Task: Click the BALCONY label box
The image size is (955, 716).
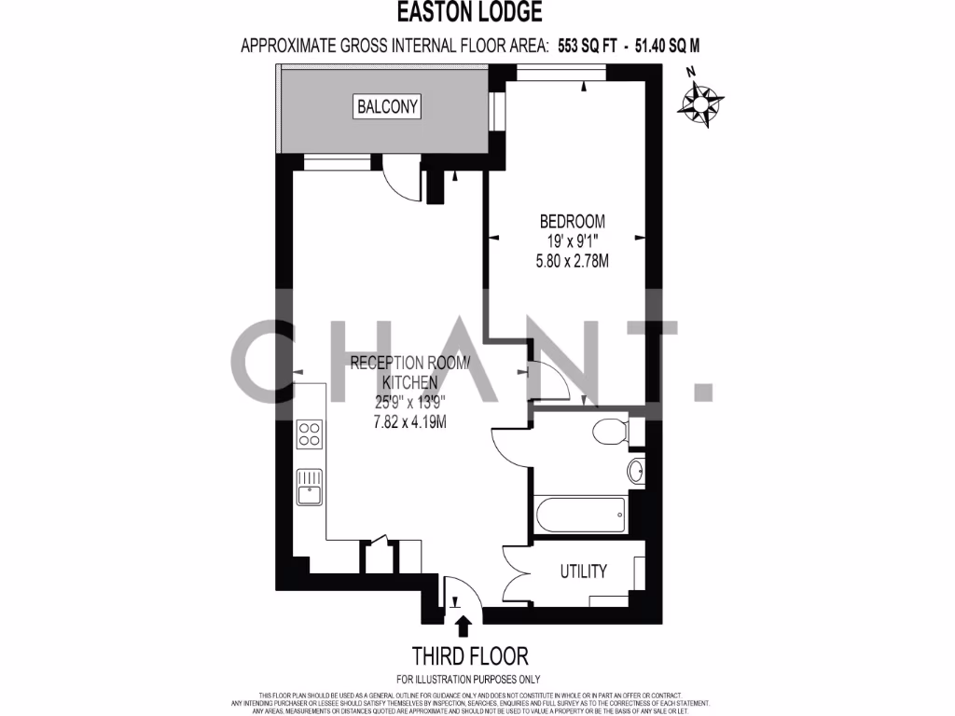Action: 388,106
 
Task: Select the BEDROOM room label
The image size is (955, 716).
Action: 572,222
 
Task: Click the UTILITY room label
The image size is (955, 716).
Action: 584,571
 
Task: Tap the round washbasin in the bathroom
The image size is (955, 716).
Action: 637,472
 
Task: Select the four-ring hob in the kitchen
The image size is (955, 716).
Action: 309,434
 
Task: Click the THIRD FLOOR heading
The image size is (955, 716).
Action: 463,654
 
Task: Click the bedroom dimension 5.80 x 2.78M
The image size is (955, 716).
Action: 572,262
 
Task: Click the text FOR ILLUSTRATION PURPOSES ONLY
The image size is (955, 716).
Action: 468,679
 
